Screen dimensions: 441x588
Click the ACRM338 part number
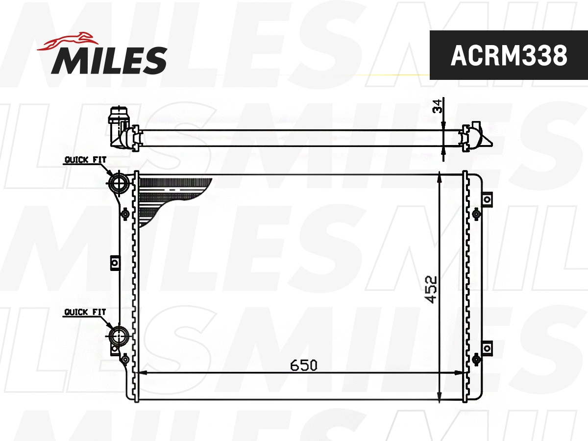point(508,55)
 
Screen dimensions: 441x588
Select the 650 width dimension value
point(303,365)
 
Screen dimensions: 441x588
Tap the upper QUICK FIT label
point(85,160)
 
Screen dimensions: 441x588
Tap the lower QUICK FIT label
point(85,312)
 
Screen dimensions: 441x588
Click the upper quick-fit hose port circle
point(118,183)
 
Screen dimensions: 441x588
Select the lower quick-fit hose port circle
point(118,336)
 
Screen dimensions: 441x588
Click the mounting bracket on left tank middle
point(115,263)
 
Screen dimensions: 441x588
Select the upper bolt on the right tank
point(476,214)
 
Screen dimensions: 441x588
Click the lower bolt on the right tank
point(476,360)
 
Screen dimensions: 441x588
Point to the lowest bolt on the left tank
point(125,360)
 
